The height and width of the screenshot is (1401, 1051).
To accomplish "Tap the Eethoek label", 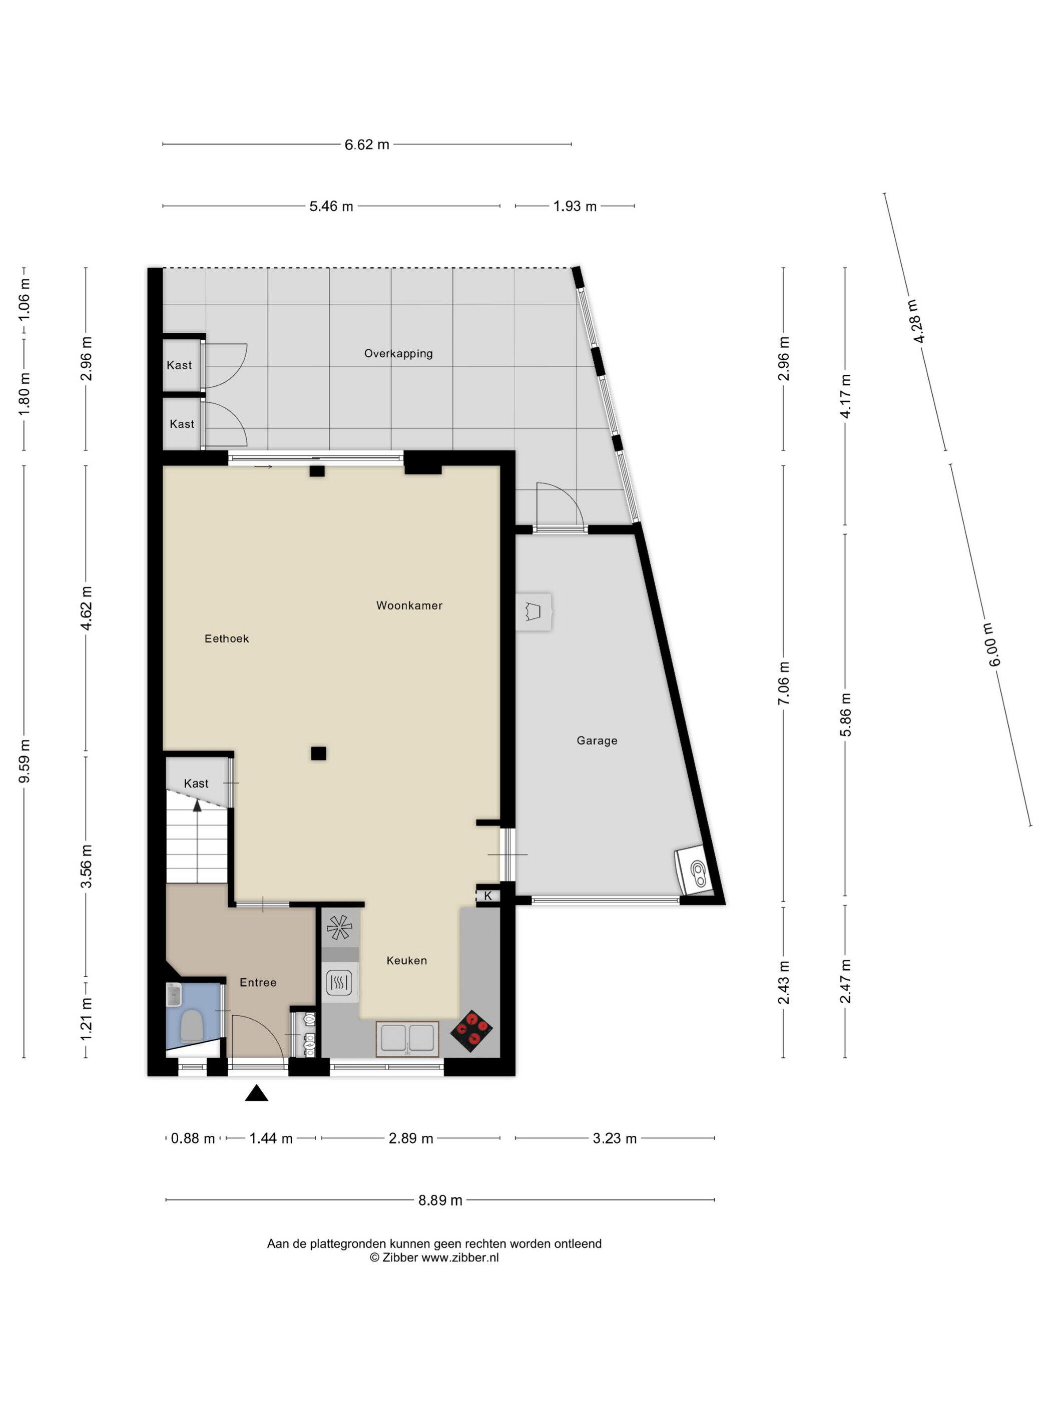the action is pos(226,638).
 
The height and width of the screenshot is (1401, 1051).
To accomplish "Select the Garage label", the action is pos(596,741).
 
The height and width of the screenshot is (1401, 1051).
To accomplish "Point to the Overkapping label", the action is pos(398,353).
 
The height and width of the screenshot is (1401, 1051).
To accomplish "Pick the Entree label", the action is pos(258,982).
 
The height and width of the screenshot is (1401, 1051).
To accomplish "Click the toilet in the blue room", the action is pos(191,1026).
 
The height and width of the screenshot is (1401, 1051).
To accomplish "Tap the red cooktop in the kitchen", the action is pos(471,1030).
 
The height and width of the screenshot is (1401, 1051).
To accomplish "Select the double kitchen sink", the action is pos(407,1039).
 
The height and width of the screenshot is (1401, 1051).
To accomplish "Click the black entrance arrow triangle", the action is pos(257,1093).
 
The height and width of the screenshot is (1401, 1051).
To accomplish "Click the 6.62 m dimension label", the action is pos(367,145).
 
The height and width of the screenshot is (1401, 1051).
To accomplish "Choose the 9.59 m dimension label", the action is pos(24,761).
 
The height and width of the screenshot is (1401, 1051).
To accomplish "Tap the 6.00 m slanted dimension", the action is pos(991,645).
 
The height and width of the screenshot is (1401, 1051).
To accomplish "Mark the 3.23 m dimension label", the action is pos(614,1138).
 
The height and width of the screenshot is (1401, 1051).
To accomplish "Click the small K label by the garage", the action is pos(488,896).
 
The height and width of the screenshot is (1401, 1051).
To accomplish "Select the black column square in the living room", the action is pos(318,753).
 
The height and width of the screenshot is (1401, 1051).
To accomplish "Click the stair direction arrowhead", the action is pos(197,805).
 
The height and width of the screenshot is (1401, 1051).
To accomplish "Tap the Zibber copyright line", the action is pos(434,1258).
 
